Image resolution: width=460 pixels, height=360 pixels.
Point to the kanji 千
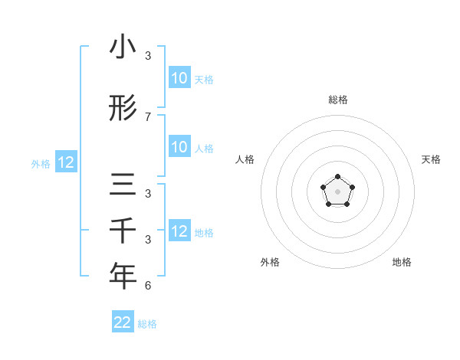[x=123, y=231]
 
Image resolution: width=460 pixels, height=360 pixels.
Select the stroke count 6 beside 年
[x=148, y=286]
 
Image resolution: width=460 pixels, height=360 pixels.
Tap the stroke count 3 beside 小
[x=148, y=56]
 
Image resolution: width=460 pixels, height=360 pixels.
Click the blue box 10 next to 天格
[x=179, y=78]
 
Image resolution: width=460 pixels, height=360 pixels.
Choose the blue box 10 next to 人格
[x=179, y=147]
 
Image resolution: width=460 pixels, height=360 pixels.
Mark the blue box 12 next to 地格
[x=179, y=231]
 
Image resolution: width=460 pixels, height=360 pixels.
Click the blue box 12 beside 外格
[x=66, y=162]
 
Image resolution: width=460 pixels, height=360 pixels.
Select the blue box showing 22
[x=123, y=322]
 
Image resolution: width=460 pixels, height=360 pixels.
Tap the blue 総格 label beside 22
[x=147, y=324]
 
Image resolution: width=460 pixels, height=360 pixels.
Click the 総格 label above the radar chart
[x=338, y=100]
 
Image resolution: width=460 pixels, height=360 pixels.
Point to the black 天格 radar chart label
[x=432, y=159]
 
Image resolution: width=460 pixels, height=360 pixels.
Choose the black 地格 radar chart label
[x=402, y=262]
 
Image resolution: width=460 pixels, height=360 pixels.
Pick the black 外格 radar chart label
[x=270, y=262]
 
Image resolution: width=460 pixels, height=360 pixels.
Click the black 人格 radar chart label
[x=245, y=159]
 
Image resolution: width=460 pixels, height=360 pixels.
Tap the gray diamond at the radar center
[x=338, y=190]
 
